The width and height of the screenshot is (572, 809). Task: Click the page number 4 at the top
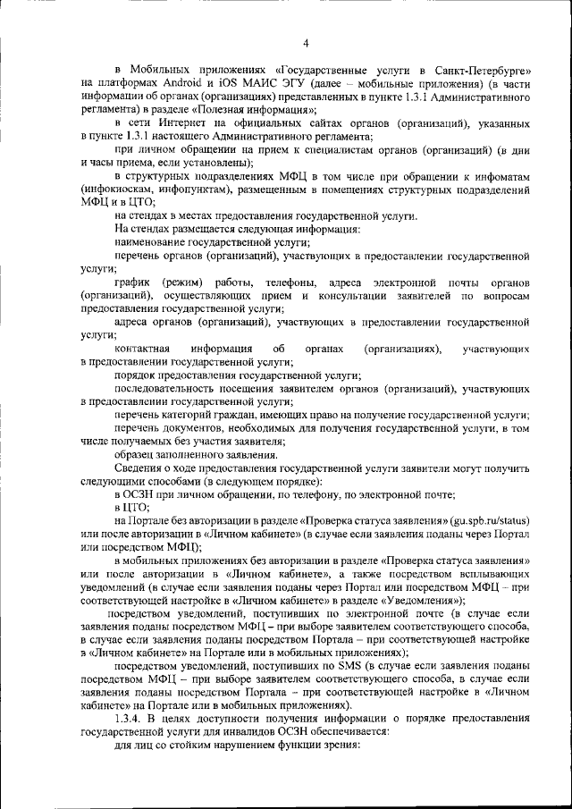(x=306, y=42)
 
